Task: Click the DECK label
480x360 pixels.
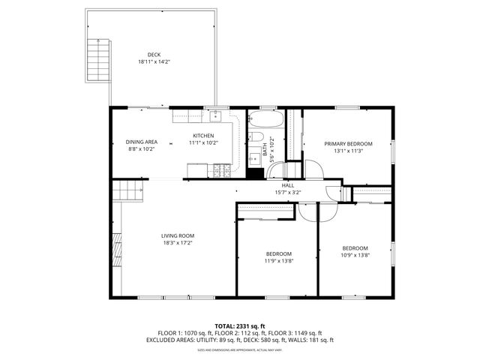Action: tap(154, 54)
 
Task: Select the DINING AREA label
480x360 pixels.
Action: tap(141, 142)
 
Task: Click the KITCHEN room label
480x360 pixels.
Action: tap(203, 136)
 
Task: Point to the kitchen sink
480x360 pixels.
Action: tap(215, 115)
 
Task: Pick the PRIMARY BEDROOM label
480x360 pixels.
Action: tap(348, 143)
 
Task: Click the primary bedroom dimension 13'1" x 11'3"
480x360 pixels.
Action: tap(348, 150)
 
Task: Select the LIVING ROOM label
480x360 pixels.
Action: tap(177, 235)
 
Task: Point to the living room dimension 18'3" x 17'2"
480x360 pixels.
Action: tap(177, 242)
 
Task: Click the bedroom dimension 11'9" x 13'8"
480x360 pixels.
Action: tap(278, 261)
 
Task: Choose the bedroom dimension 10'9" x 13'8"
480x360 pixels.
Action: tap(355, 255)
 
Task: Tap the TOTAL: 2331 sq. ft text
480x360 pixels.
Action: tap(240, 326)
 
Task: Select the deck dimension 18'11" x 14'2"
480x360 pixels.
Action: tap(154, 61)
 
